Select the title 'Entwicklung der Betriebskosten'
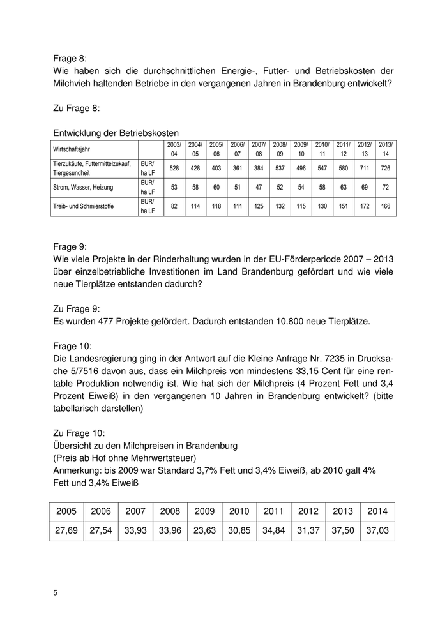coord(116,133)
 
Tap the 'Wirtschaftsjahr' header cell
coord(72,149)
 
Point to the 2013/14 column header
coord(385,149)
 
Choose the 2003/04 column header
coord(174,149)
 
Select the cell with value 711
coord(364,168)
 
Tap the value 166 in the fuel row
coord(385,207)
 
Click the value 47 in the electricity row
coord(258,187)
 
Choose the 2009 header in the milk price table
coord(204,511)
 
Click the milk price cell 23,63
coord(204,530)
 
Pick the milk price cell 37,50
coord(343,530)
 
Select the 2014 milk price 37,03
coord(377,530)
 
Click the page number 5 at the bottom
coord(56,592)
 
